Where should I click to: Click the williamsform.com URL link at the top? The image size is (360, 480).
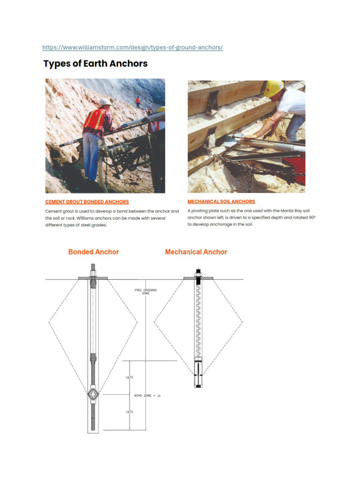coord(132,47)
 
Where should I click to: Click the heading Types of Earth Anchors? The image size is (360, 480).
coord(96,64)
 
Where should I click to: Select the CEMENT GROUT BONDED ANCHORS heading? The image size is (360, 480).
coord(87,202)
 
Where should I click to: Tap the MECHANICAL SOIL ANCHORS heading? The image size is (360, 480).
coord(221,202)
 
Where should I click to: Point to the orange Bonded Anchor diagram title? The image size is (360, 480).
coord(93,252)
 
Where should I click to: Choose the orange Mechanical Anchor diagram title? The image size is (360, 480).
coord(196,252)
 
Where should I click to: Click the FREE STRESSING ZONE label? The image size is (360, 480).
coord(146,292)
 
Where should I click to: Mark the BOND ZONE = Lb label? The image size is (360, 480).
coord(147,396)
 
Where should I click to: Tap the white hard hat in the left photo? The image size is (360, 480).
coord(105,102)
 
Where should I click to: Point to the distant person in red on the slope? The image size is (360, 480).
coord(138,101)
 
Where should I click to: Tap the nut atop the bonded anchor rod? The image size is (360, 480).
coord(93,272)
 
